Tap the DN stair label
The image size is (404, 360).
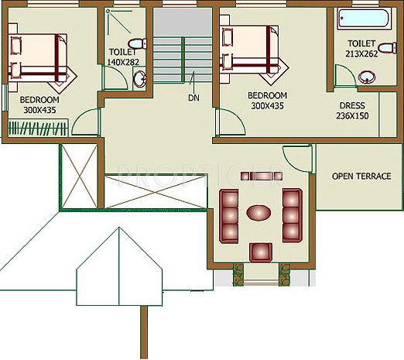pyautogui.click(x=192, y=98)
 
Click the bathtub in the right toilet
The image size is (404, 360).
pyautogui.click(x=365, y=19)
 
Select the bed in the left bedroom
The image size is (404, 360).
pyautogui.click(x=43, y=58)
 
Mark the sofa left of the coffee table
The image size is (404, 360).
pyautogui.click(x=230, y=212)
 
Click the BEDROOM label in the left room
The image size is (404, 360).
pyautogui.click(x=39, y=99)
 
